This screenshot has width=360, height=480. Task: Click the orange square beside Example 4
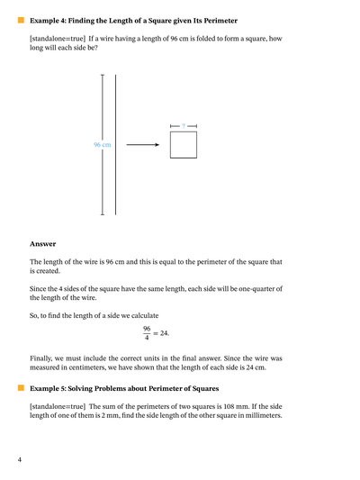pyautogui.click(x=19, y=19)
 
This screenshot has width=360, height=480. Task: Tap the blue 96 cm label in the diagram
pyautogui.click(x=103, y=144)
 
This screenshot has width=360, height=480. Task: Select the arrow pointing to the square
pyautogui.click(x=142, y=144)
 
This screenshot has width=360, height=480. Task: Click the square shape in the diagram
pyautogui.click(x=183, y=145)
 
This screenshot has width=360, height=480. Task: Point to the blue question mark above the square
pyautogui.click(x=183, y=125)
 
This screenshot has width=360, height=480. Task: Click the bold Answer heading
pyautogui.click(x=42, y=243)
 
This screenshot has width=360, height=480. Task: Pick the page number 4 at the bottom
pyautogui.click(x=19, y=459)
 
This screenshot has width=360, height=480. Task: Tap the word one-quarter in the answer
pyautogui.click(x=254, y=288)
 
